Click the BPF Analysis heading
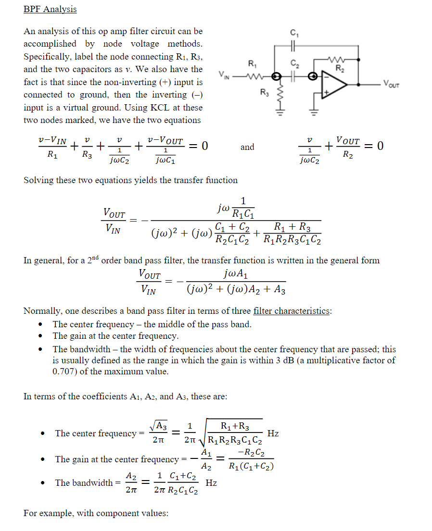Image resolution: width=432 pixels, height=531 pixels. click(x=50, y=9)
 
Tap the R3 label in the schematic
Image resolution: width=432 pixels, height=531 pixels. click(x=264, y=91)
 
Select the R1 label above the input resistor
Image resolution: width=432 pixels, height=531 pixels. click(x=252, y=63)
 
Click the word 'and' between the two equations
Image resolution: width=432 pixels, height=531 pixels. click(x=247, y=147)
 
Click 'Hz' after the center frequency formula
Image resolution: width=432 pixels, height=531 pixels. click(x=273, y=433)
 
